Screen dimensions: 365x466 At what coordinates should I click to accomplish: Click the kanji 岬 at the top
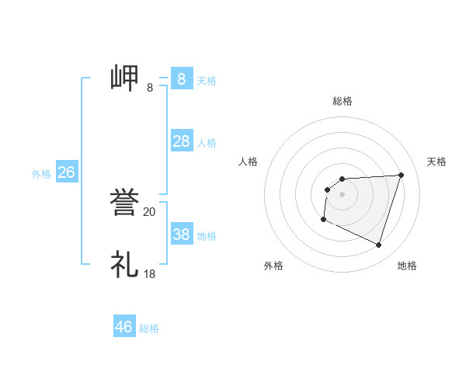point(124,78)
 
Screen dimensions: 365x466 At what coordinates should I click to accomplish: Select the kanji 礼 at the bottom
point(124,265)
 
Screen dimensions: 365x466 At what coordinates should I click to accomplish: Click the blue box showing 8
point(182,78)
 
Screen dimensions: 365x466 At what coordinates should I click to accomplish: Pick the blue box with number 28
point(182,141)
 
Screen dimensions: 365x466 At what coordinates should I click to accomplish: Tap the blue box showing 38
point(182,235)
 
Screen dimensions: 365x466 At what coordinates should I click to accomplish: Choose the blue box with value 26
point(66,172)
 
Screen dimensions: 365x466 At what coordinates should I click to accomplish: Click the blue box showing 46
point(124,327)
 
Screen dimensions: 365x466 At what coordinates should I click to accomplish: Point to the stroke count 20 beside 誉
point(149,212)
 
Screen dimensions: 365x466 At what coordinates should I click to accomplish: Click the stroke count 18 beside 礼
point(149,274)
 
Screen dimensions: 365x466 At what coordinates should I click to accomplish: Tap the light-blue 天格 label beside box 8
point(207,80)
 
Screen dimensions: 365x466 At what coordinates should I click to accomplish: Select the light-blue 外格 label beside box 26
point(41,174)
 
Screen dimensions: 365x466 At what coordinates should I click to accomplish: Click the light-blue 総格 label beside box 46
point(149,328)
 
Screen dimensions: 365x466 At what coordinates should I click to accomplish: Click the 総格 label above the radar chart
point(342,101)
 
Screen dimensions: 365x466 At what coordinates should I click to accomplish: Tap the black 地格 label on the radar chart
point(407,266)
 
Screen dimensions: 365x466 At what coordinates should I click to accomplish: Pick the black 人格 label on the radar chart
point(249,162)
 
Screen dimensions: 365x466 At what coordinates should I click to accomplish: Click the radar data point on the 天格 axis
point(401,175)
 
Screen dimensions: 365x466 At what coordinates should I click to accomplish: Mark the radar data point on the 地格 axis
point(378,245)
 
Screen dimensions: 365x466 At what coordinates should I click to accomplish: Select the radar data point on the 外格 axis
point(323,220)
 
